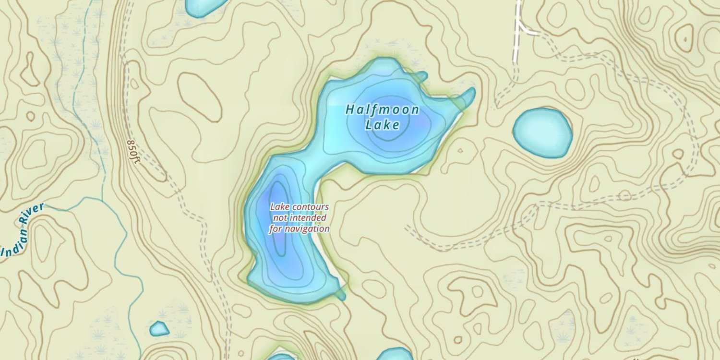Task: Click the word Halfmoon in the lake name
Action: pyautogui.click(x=382, y=110)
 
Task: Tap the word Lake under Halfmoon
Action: pyautogui.click(x=382, y=125)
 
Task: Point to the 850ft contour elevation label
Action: pyautogui.click(x=133, y=152)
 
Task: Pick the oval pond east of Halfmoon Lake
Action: pyautogui.click(x=542, y=132)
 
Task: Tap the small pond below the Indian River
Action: pyautogui.click(x=159, y=329)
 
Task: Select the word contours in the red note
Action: pyautogui.click(x=312, y=207)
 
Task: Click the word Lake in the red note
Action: pyautogui.click(x=281, y=207)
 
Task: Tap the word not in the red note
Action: pyautogui.click(x=280, y=218)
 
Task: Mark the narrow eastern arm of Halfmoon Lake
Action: pyautogui.click(x=466, y=98)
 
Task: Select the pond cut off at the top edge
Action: pyautogui.click(x=204, y=6)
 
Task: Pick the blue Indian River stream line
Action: pyautogui.click(x=122, y=250)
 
